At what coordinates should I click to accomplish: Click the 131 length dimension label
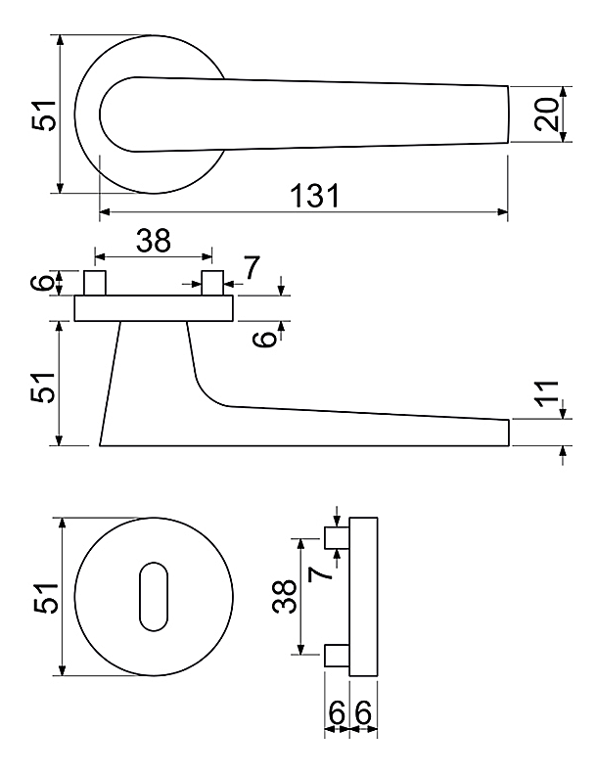click(x=315, y=196)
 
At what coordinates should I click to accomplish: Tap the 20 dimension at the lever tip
click(x=546, y=114)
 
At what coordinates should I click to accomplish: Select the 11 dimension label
click(x=547, y=394)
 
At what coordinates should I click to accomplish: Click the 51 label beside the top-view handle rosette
click(x=44, y=115)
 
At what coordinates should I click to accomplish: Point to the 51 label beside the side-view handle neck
click(x=44, y=387)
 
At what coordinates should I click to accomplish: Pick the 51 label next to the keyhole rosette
click(x=47, y=599)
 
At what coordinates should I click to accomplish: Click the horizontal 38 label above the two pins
click(x=154, y=241)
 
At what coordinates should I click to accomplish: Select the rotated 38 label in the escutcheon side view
click(x=284, y=596)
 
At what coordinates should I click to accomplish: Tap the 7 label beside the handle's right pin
click(x=252, y=268)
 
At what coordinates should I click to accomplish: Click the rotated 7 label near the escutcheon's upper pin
click(x=319, y=573)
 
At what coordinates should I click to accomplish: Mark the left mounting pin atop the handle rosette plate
click(x=95, y=283)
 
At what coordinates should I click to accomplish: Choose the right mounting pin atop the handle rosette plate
click(x=212, y=283)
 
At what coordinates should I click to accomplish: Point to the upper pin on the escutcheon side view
click(x=337, y=537)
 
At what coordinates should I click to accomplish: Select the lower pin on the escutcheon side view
click(x=337, y=656)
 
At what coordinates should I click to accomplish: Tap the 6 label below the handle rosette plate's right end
click(x=264, y=339)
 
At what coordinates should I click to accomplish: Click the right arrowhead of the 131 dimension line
click(x=503, y=212)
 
